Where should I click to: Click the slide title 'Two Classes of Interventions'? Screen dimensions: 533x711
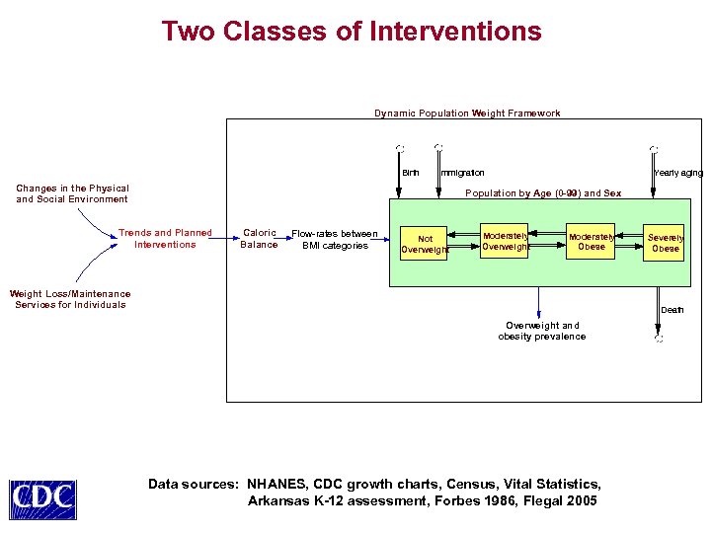pyautogui.click(x=352, y=32)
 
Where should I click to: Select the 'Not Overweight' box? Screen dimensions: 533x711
pyautogui.click(x=425, y=244)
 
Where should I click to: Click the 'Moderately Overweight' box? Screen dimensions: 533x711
pyautogui.click(x=505, y=241)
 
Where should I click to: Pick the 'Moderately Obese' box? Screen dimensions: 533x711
pyautogui.click(x=592, y=241)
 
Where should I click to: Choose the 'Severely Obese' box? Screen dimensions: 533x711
pyautogui.click(x=666, y=243)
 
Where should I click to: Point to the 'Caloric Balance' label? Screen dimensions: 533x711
pyautogui.click(x=259, y=239)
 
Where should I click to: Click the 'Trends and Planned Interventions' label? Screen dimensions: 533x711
pyautogui.click(x=165, y=239)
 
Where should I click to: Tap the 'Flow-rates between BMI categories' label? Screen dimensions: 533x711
pyautogui.click(x=335, y=240)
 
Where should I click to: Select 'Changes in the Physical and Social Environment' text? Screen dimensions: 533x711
pyautogui.click(x=72, y=193)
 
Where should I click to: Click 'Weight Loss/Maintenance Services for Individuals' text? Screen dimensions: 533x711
pyautogui.click(x=70, y=299)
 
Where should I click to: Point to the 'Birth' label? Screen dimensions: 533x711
pyautogui.click(x=410, y=173)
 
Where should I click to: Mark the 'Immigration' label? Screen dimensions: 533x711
pyautogui.click(x=462, y=173)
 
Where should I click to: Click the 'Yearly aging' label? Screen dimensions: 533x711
pyautogui.click(x=678, y=173)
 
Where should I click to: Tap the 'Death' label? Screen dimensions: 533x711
pyautogui.click(x=671, y=310)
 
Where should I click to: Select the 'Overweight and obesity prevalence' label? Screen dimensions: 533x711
pyautogui.click(x=541, y=331)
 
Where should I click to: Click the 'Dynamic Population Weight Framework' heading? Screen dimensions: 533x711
pyautogui.click(x=467, y=114)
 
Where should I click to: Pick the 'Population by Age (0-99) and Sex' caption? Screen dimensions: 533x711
pyautogui.click(x=543, y=193)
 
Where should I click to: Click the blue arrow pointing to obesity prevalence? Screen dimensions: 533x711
pyautogui.click(x=540, y=302)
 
